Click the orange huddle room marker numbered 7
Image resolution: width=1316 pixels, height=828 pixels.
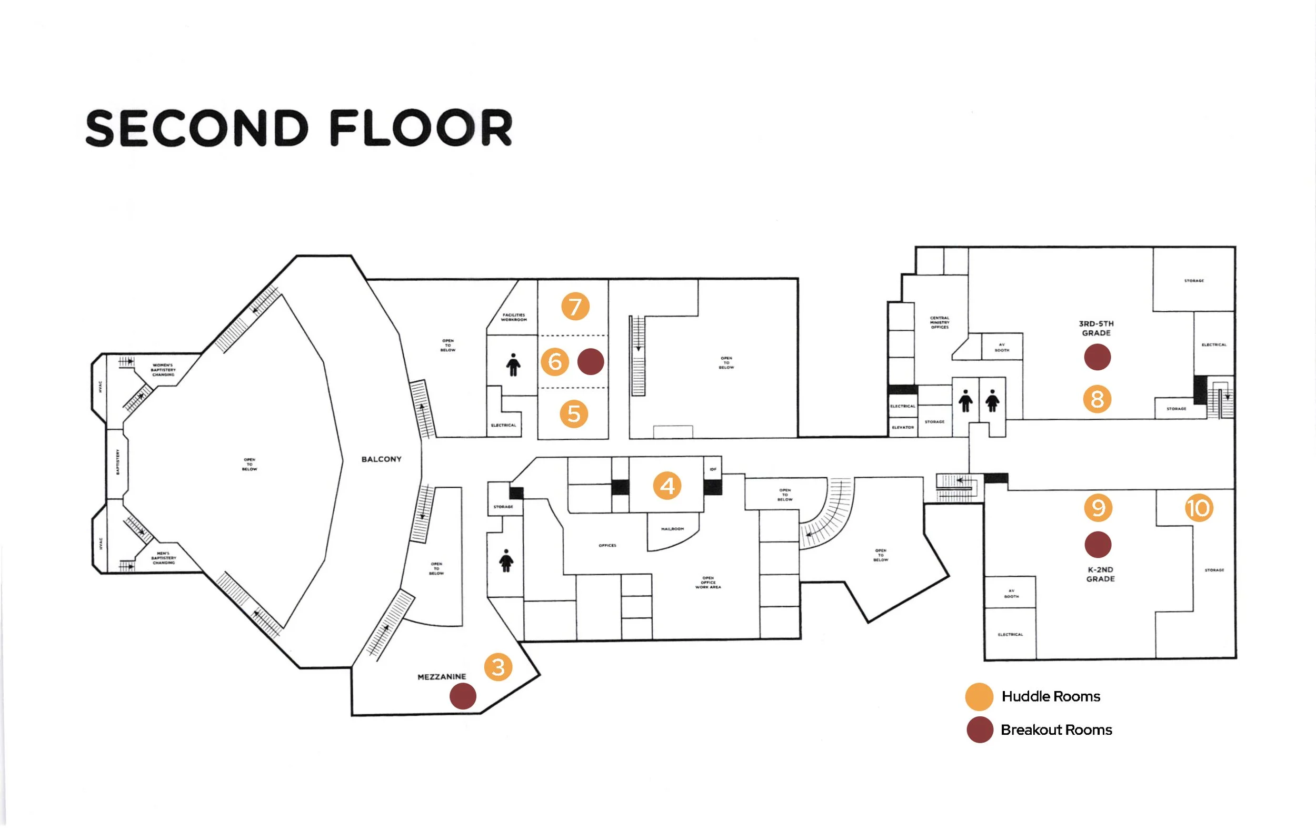575,306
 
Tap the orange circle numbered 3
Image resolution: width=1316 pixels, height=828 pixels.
498,667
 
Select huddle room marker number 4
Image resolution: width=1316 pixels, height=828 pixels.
667,486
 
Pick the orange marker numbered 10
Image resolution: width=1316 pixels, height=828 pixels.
1199,508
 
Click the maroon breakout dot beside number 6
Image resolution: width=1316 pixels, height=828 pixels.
591,361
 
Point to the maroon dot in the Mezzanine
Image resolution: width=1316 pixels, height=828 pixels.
462,696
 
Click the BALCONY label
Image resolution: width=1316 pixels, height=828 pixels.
382,459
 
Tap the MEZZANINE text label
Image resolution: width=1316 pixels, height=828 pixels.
442,677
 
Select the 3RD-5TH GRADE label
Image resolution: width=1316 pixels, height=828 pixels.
1096,328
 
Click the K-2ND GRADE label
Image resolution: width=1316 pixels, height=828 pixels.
1100,574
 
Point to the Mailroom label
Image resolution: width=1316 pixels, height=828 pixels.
672,529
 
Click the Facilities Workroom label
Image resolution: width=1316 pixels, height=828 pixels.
514,317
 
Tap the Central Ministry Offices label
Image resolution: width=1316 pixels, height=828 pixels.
940,322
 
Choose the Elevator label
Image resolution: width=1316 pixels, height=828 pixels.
903,428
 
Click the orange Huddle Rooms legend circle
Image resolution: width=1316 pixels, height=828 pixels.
979,697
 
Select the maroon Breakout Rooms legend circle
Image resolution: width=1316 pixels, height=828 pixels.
979,730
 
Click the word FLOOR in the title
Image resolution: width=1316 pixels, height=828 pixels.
421,129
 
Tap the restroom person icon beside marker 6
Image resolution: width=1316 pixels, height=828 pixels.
513,365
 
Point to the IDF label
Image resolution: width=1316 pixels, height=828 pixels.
713,469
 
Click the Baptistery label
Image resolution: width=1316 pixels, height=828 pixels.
117,461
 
